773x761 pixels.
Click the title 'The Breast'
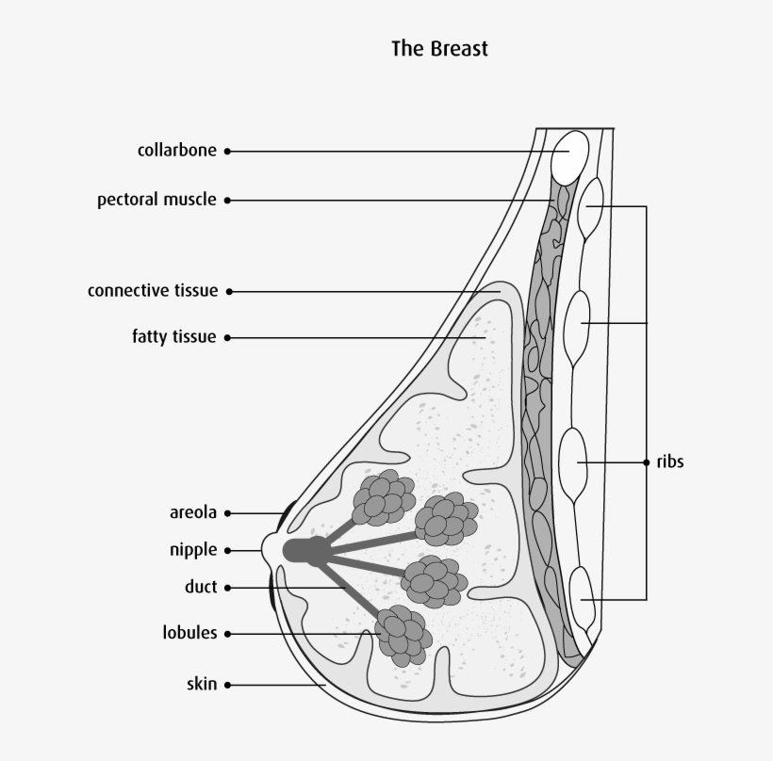pos(439,48)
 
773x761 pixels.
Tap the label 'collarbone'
pos(176,151)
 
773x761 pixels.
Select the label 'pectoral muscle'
pos(156,200)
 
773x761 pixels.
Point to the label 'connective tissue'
pos(152,291)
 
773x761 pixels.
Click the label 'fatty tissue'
pos(173,337)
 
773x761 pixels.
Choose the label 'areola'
pos(193,513)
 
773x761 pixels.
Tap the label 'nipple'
pos(193,550)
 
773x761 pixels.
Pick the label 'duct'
pos(201,587)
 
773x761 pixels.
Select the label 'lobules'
pos(189,633)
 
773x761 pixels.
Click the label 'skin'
pos(202,685)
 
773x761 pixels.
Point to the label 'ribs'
pos(669,462)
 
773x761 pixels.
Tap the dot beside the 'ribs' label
pos(647,462)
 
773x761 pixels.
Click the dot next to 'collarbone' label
pos(227,151)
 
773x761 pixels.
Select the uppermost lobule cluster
pos(383,496)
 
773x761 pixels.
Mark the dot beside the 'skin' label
pos(227,685)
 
